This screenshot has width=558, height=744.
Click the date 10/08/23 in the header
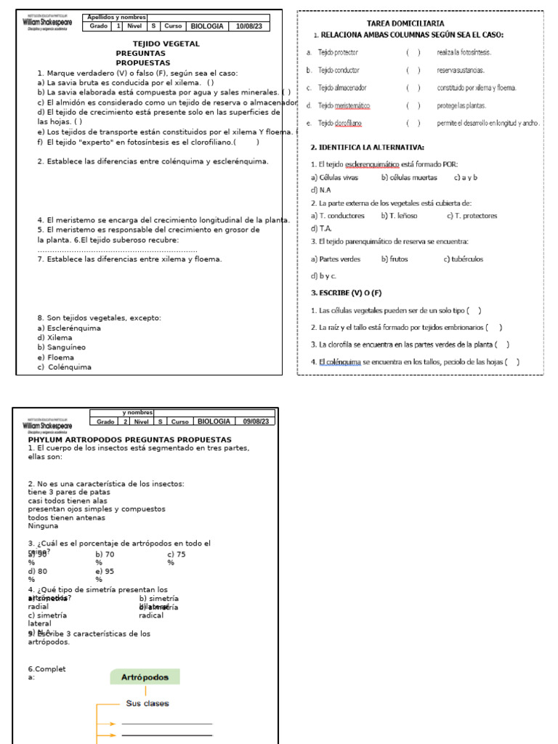249,26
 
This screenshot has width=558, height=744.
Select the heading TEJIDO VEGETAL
156,44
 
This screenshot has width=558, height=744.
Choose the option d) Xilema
55,338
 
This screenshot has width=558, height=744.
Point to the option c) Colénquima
65,367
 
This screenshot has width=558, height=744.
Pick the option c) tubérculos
464,259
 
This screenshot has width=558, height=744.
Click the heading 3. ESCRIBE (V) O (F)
346,293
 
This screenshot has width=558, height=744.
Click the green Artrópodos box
145,677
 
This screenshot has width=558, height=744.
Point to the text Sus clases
147,703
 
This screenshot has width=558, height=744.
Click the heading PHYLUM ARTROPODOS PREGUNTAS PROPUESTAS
129,440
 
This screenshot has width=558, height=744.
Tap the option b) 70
105,554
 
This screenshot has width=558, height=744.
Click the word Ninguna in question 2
43,526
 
